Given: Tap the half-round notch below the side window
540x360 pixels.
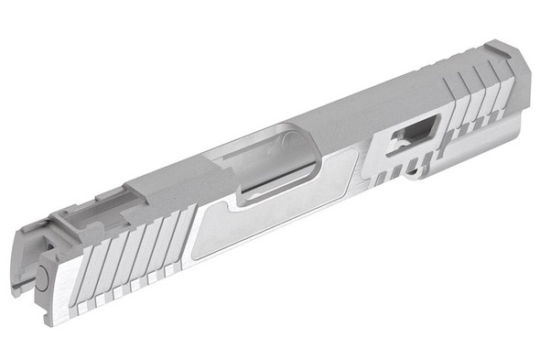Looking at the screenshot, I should pyautogui.click(x=416, y=169).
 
